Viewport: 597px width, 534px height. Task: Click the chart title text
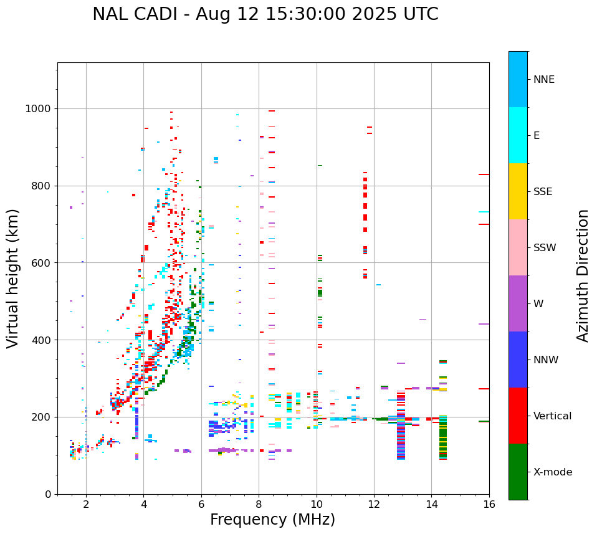coord(265,14)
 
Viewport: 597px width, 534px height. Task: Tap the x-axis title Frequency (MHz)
coord(272,520)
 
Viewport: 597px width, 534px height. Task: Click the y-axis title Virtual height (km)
coord(14,279)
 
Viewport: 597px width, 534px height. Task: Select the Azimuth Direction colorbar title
coord(583,275)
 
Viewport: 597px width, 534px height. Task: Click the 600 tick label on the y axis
coord(42,263)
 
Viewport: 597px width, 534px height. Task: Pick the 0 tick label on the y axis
coord(49,494)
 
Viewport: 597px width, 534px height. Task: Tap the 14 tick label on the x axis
coord(431,505)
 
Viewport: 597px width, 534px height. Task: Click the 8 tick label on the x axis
coord(259,505)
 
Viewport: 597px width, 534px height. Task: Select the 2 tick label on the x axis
coord(86,505)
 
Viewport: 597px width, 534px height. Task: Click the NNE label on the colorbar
coord(544,80)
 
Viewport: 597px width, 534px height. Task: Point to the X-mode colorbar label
coord(553,472)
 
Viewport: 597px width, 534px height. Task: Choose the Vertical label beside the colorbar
coord(553,416)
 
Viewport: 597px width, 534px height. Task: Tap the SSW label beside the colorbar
coord(545,248)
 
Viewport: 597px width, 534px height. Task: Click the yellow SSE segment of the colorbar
coord(518,191)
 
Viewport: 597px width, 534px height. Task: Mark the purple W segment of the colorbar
coord(518,303)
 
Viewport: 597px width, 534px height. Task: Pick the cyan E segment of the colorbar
coord(518,135)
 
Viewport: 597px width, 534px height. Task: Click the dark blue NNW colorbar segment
coord(518,360)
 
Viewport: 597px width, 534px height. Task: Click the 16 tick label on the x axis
coord(489,505)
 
